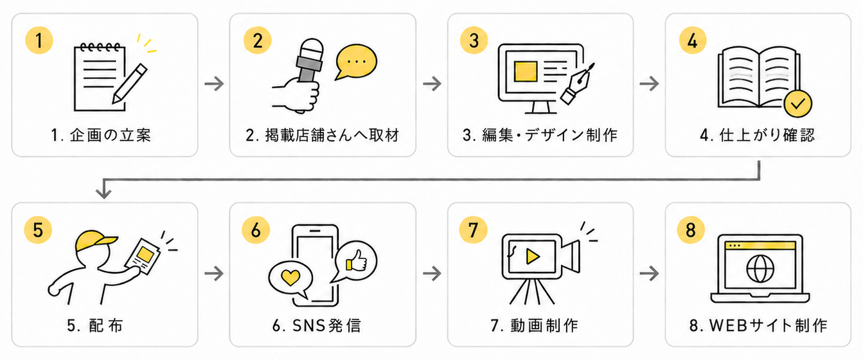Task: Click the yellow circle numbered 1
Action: (x=39, y=40)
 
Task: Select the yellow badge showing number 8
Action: (x=691, y=230)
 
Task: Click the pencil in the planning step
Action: (x=130, y=84)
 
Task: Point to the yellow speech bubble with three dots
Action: (x=355, y=62)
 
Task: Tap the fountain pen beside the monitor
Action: (x=578, y=84)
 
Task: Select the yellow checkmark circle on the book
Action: (x=798, y=104)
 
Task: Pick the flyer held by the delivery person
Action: (x=143, y=256)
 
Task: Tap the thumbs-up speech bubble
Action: (x=355, y=262)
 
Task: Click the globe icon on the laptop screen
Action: (x=760, y=269)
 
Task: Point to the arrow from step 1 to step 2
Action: (x=214, y=84)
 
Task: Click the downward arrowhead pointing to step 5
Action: (x=103, y=192)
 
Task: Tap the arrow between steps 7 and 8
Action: (x=650, y=274)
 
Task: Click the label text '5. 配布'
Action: (x=94, y=326)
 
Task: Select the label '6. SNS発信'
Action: (x=316, y=326)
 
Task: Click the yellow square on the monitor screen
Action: (x=526, y=71)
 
